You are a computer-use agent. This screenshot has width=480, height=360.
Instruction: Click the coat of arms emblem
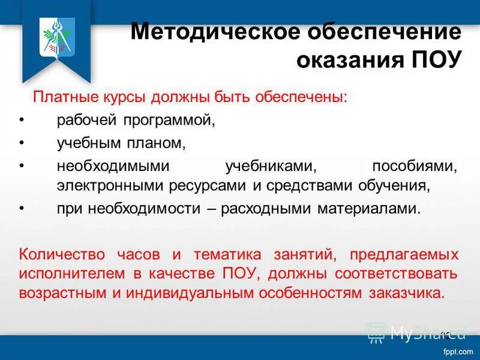[56, 37]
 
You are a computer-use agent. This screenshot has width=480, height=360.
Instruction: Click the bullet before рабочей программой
[22, 120]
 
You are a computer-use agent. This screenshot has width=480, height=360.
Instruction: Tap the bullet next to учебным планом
[22, 143]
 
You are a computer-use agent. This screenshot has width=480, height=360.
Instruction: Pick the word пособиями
[415, 166]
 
